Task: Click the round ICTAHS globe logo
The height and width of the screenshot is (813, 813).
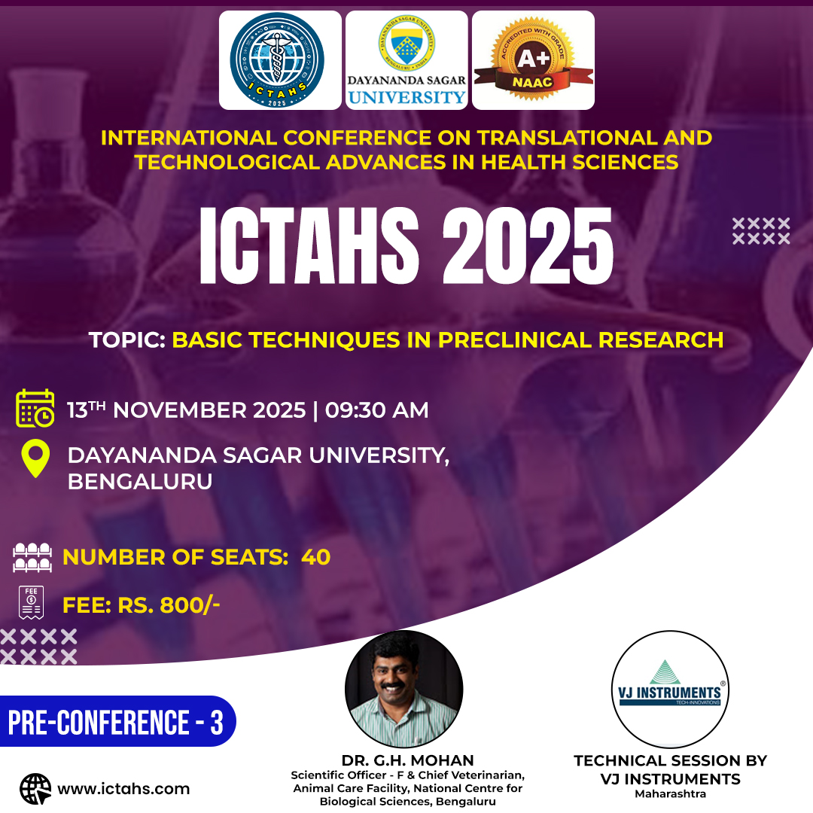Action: (277, 60)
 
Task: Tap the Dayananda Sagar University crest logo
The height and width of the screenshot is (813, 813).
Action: (407, 43)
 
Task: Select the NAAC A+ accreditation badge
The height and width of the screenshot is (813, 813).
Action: (534, 59)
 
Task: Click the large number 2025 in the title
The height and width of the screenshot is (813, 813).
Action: (528, 245)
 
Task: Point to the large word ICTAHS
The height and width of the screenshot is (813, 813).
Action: (309, 245)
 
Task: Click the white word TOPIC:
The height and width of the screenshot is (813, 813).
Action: (127, 340)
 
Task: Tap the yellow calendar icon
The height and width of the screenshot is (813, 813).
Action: (35, 408)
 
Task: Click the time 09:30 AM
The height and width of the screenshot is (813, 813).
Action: (377, 410)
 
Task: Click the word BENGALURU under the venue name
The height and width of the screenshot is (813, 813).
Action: (140, 482)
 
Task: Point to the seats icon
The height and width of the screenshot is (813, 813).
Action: (32, 557)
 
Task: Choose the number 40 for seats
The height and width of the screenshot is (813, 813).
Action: (315, 557)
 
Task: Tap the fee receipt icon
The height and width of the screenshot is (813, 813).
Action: (31, 602)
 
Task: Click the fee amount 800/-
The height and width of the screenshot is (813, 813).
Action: (190, 605)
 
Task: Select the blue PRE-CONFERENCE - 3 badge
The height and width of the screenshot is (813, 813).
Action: (117, 721)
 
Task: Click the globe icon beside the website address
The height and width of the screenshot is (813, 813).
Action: (35, 789)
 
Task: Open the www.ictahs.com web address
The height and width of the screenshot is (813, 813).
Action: (123, 789)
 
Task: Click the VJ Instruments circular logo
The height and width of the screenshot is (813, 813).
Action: (670, 689)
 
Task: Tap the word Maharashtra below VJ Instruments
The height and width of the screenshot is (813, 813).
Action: (670, 794)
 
